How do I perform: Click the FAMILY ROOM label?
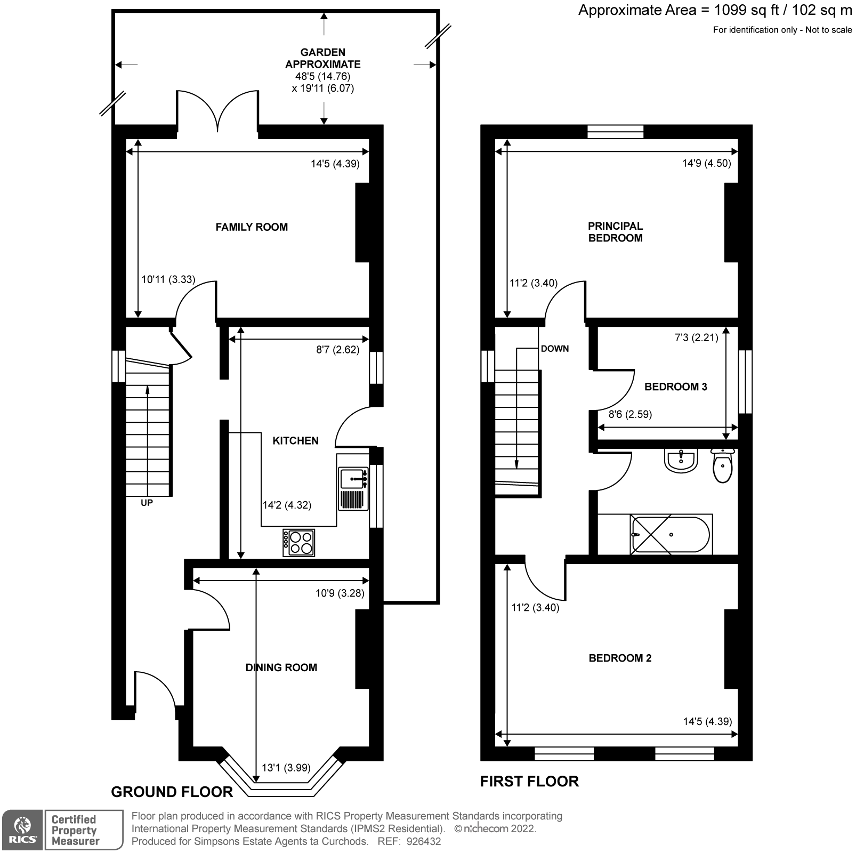click(252, 227)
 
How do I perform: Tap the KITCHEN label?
click(295, 440)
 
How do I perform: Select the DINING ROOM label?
click(281, 667)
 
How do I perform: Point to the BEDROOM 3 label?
click(675, 387)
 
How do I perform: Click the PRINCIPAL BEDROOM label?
click(615, 232)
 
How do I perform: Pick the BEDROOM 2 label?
click(620, 658)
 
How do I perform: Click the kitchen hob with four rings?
click(298, 543)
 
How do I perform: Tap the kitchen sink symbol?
click(353, 478)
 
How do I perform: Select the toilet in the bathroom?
click(723, 465)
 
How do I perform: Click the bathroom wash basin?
click(681, 461)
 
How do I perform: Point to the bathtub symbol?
click(670, 534)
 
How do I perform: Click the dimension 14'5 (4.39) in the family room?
click(335, 164)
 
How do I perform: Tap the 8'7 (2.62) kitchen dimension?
click(337, 350)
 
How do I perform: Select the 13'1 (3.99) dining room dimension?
click(286, 768)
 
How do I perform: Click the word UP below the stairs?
click(147, 503)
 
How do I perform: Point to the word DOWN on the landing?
click(554, 349)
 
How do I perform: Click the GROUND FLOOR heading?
click(172, 792)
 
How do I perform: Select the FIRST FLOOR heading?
click(529, 781)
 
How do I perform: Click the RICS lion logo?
click(22, 830)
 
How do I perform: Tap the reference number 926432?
click(423, 841)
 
